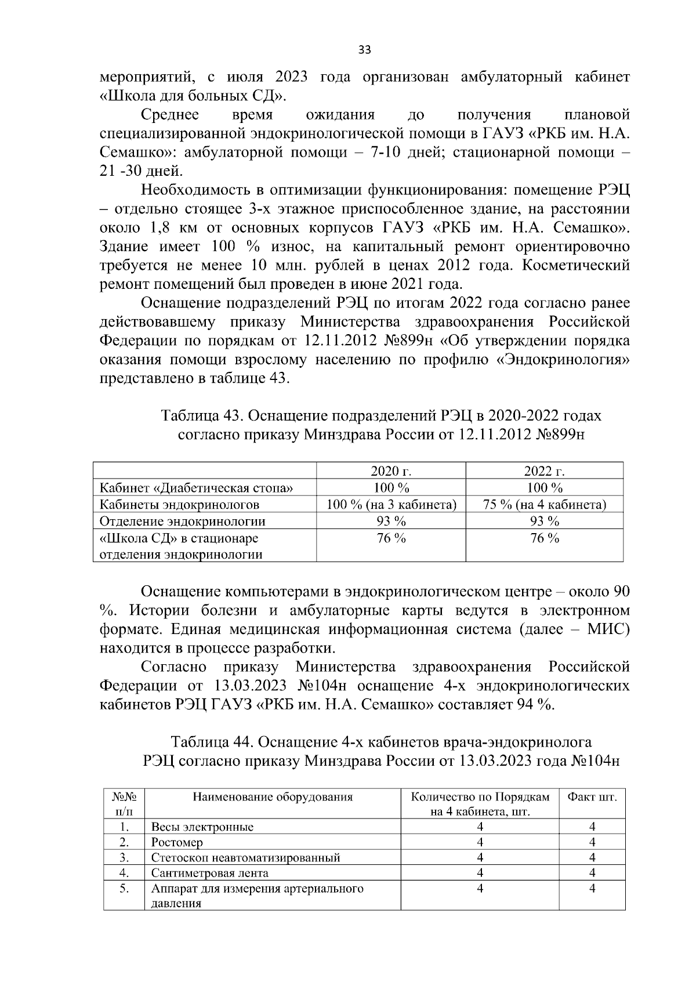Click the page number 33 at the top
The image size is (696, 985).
(364, 50)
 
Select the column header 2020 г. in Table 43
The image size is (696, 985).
(391, 471)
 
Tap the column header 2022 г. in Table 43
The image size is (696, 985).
(544, 471)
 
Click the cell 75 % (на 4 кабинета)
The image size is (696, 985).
(544, 505)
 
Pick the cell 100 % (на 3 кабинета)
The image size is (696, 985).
(391, 505)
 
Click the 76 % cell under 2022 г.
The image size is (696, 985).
(544, 538)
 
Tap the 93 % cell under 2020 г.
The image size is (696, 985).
(391, 522)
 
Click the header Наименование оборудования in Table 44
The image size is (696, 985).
(273, 796)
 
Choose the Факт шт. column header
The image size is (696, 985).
(592, 796)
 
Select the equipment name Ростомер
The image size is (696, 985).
(177, 842)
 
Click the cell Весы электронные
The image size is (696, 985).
(202, 827)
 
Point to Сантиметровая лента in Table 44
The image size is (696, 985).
(209, 873)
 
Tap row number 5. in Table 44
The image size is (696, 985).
(124, 888)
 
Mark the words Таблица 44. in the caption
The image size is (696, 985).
(213, 742)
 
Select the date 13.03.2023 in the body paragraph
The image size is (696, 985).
(250, 686)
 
